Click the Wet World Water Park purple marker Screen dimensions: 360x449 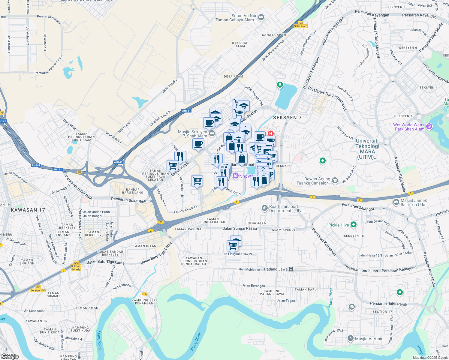click(x=429, y=127)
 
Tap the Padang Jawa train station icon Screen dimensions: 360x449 click(x=291, y=269)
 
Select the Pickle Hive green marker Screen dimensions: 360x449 click(x=354, y=224)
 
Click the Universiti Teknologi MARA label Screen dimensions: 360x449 click(x=367, y=149)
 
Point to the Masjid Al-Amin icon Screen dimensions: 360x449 click(x=350, y=339)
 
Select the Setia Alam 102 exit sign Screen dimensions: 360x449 click(x=300, y=25)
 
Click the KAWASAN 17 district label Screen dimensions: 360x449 click(x=28, y=210)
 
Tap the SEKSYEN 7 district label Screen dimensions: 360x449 click(x=287, y=118)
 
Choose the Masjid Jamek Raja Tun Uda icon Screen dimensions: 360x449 click(x=396, y=202)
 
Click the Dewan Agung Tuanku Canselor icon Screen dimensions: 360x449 click(x=335, y=181)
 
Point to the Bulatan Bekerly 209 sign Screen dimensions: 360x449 click(x=76, y=266)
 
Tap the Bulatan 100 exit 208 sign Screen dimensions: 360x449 click(x=38, y=289)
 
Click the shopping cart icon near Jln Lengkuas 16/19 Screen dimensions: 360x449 click(x=233, y=246)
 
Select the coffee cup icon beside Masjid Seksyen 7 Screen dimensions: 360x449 click(x=198, y=144)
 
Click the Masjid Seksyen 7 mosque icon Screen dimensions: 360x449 click(x=212, y=133)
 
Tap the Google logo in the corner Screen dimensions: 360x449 click(x=10, y=356)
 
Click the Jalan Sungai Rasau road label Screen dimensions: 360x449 click(x=240, y=228)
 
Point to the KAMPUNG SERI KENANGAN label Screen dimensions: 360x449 click(x=144, y=301)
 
